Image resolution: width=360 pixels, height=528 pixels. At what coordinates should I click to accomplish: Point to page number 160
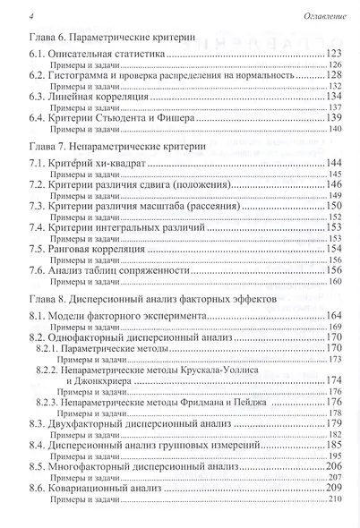click(x=338, y=281)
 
